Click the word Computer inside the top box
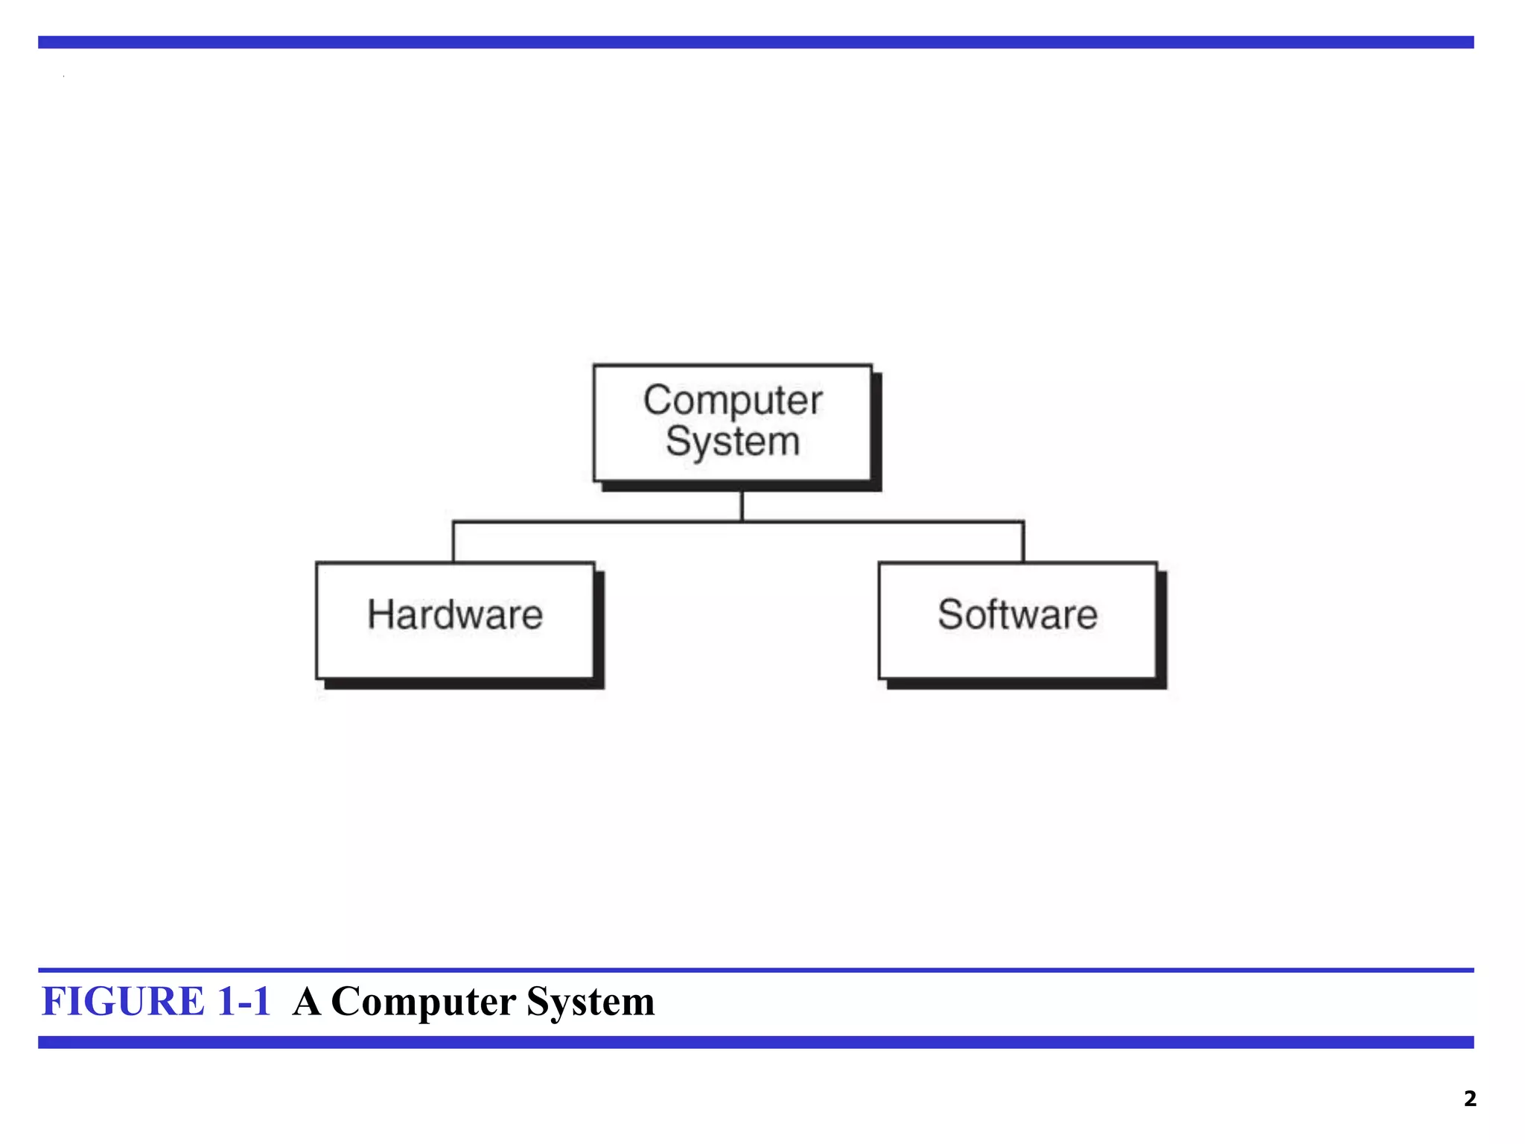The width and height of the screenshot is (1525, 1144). tap(733, 401)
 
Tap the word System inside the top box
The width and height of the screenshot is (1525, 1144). tap(733, 442)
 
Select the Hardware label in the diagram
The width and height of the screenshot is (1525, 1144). tap(455, 615)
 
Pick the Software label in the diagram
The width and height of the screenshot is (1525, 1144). tap(1017, 615)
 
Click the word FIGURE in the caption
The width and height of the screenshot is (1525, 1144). tap(123, 1001)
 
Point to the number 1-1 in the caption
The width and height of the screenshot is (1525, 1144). tap(243, 1001)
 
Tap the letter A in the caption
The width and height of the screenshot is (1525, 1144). tap(307, 1001)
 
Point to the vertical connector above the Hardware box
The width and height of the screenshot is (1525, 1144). tap(453, 542)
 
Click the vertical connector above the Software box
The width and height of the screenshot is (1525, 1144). tap(1023, 542)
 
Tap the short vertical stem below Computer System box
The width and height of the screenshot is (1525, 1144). tap(742, 506)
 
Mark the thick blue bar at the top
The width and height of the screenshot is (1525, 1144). tap(756, 42)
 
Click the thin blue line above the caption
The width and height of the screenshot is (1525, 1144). tap(756, 970)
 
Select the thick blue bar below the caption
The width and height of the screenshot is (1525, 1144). tap(756, 1042)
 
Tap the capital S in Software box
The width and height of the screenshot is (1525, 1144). tap(951, 615)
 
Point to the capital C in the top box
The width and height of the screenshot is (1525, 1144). tap(658, 400)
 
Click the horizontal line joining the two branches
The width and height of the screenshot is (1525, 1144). tap(596, 522)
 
